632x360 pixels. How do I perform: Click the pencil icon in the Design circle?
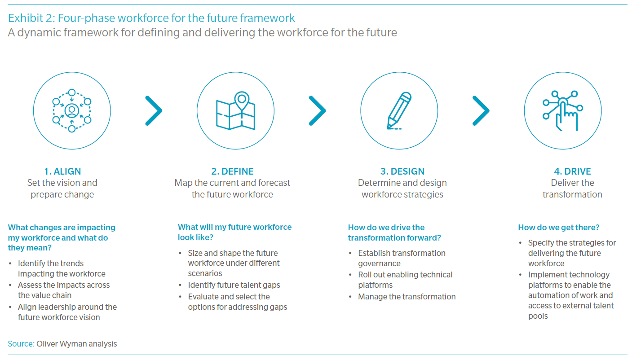[x=399, y=111]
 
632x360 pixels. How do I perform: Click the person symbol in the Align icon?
[x=72, y=111]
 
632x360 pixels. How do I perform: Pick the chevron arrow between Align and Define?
[x=154, y=110]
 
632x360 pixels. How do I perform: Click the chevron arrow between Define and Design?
[x=318, y=110]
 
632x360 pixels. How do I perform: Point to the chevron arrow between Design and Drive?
[x=481, y=110]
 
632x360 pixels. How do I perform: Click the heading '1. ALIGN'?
[x=62, y=171]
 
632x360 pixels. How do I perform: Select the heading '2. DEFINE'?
[x=233, y=171]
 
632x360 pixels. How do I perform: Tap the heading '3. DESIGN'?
[x=402, y=171]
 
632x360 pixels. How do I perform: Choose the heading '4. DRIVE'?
[x=572, y=171]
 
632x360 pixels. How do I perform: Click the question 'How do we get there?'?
[x=559, y=228]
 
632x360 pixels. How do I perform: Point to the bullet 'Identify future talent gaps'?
[x=234, y=285]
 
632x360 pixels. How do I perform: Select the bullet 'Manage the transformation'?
[x=407, y=297]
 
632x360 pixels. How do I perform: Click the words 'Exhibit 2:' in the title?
[x=31, y=18]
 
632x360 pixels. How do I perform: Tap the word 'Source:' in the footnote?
[x=21, y=344]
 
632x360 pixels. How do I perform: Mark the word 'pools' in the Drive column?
[x=538, y=316]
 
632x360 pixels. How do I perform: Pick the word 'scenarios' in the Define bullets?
[x=205, y=273]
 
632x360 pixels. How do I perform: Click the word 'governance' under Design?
[x=379, y=263]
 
